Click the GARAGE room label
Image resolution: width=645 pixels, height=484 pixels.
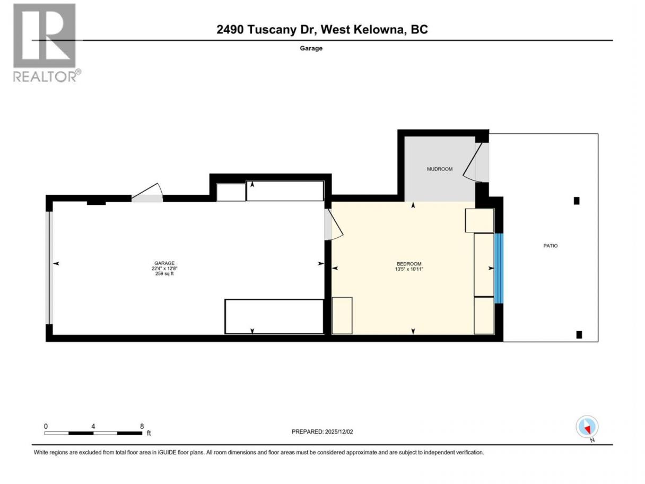coord(164,263)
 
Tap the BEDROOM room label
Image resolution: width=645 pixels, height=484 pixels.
coord(409,264)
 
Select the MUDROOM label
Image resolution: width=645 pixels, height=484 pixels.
coord(439,169)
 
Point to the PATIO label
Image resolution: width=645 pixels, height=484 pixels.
coord(550,246)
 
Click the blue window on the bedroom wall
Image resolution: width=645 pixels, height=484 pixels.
coord(499,269)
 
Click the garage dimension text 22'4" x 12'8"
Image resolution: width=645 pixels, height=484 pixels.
coord(164,269)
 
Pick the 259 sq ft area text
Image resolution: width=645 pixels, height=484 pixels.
coord(164,274)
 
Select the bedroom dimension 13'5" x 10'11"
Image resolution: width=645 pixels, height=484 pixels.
coord(409,269)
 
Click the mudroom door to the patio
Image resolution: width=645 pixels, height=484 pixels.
coord(475,162)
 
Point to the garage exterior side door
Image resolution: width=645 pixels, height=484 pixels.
coord(147,193)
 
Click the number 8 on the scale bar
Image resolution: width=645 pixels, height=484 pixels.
coord(142,426)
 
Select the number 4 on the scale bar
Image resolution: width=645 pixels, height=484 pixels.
coord(93,426)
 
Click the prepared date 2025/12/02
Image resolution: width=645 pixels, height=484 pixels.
coord(338,431)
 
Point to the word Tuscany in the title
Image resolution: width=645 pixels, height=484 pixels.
coord(272,30)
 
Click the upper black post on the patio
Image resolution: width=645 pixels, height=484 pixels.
coord(577,201)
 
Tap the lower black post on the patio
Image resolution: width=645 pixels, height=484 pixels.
coord(579,335)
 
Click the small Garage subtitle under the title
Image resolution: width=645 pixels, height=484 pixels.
coord(311,48)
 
